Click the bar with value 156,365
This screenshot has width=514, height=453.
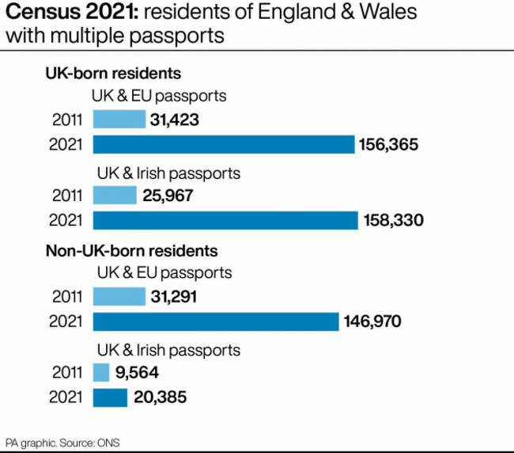[223, 144]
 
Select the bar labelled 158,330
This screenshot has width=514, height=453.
[225, 219]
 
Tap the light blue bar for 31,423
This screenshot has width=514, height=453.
[119, 120]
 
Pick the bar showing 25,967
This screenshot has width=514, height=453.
[115, 195]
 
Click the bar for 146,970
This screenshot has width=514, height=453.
[216, 321]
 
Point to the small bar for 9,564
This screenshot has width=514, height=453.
[101, 372]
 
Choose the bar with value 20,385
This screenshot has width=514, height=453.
[110, 397]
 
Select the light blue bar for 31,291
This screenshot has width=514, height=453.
[119, 296]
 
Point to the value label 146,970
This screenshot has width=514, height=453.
[373, 321]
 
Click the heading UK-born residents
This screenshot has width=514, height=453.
[112, 74]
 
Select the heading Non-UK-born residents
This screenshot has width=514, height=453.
[130, 251]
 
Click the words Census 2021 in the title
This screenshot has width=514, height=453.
[59, 13]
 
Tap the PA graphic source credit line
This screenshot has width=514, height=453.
[63, 441]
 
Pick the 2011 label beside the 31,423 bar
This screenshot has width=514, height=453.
[67, 120]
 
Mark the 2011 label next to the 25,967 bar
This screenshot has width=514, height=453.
[67, 195]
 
